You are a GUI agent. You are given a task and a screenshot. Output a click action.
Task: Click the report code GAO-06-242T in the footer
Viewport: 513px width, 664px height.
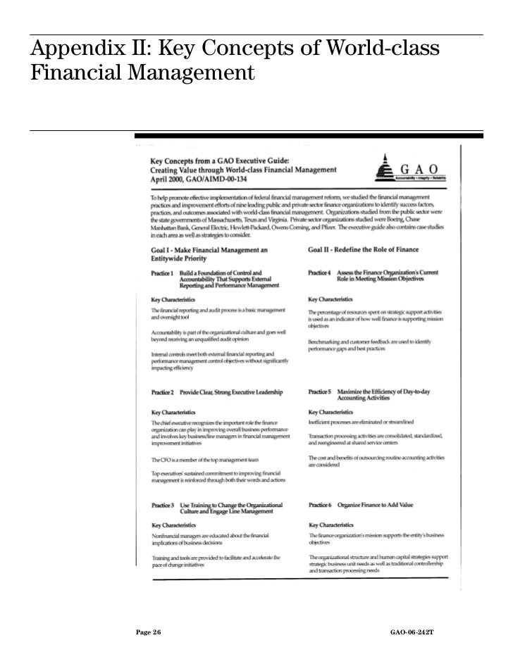412,633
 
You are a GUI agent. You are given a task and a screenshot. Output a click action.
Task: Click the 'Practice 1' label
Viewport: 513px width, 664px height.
162,273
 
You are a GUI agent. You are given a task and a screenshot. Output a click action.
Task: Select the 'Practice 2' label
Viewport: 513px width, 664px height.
162,391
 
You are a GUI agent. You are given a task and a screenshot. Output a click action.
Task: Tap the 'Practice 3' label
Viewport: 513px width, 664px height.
162,505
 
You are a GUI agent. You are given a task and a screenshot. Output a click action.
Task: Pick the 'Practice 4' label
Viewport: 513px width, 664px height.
319,273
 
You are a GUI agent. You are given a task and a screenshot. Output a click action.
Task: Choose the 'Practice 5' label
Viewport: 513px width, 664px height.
319,391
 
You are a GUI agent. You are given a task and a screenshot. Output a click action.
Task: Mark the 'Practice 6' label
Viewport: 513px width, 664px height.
319,505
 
